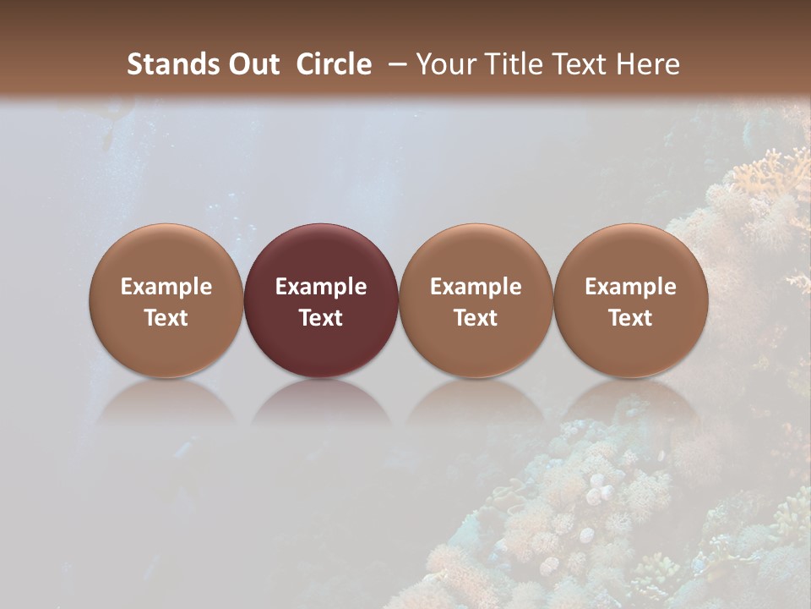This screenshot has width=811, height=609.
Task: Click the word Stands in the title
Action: click(x=171, y=64)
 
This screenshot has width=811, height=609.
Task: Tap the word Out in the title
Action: click(x=252, y=64)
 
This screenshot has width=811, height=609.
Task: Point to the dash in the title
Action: click(x=394, y=64)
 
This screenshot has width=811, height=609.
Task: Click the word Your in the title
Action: click(x=448, y=64)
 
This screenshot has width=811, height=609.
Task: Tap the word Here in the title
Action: click(x=649, y=64)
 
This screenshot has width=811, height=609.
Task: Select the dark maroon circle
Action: click(x=321, y=300)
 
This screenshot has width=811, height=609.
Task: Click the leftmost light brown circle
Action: click(x=166, y=300)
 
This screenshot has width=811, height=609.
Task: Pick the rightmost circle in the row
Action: click(x=631, y=300)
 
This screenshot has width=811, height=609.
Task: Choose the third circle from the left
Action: click(x=476, y=300)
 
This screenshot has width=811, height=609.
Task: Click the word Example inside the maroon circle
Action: click(x=321, y=287)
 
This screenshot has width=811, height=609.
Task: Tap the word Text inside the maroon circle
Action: click(x=321, y=318)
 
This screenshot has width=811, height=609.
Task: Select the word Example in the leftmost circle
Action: click(x=166, y=287)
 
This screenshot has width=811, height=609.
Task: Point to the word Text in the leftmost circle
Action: click(x=166, y=318)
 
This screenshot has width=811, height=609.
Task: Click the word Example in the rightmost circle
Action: click(x=631, y=287)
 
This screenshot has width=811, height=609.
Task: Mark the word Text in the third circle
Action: click(x=476, y=318)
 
